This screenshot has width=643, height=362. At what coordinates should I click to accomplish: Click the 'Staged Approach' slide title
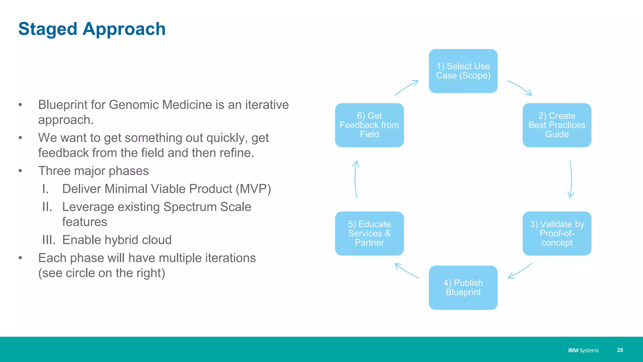(92, 29)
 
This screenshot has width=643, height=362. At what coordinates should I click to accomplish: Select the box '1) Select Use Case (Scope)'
(463, 71)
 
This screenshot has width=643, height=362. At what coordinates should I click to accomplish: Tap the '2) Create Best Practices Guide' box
(557, 125)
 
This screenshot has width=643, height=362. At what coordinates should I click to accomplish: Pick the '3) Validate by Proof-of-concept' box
(557, 233)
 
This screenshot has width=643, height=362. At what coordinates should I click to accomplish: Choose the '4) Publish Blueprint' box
(463, 288)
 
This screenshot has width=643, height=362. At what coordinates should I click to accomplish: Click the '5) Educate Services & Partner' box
(369, 233)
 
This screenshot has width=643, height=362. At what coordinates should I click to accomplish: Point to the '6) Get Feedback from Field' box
(369, 125)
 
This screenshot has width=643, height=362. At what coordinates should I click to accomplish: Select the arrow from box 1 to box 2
(520, 87)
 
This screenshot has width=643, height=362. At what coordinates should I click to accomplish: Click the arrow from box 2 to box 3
(571, 179)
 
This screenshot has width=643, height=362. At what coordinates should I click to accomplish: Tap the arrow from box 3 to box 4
(520, 271)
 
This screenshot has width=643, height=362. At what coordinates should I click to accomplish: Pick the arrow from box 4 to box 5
(406, 271)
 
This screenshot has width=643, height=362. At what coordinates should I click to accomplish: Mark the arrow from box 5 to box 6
(355, 179)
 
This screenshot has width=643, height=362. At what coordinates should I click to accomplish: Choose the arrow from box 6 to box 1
(406, 88)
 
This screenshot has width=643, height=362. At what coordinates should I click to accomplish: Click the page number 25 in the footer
(620, 350)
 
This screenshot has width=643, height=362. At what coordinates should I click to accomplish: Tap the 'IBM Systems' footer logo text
(583, 350)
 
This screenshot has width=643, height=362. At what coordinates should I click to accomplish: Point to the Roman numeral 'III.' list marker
(49, 240)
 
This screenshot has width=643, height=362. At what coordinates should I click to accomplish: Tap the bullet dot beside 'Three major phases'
(20, 171)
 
